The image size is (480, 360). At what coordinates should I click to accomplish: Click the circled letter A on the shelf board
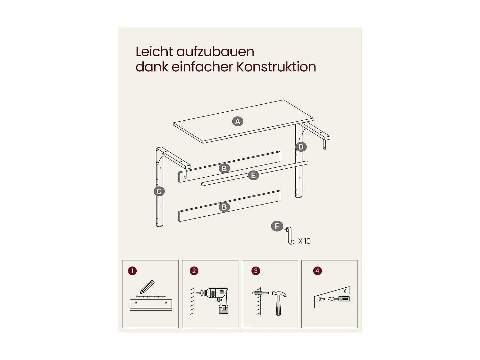pos(237,121)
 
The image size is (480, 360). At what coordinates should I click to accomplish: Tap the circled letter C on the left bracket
pos(159,191)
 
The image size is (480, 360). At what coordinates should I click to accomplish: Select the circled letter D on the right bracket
pos(301,147)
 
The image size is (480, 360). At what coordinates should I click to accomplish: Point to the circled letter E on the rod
pos(253,175)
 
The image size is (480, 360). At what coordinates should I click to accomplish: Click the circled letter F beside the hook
pos(277,226)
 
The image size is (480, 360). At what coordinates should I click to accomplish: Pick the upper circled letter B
pos(224,168)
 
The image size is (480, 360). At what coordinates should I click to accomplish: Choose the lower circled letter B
pos(224,207)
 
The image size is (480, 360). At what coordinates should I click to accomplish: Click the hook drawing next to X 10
pos(290,236)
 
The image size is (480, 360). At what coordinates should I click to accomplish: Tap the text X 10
pos(304,241)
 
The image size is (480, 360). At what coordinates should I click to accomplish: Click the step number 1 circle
pos(132,271)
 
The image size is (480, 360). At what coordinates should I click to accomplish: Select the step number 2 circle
pos(194,271)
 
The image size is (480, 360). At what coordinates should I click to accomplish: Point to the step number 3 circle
pos(256,271)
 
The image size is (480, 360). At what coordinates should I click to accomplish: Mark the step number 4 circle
pos(317,271)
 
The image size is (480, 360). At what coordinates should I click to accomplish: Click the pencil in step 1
pos(147,287)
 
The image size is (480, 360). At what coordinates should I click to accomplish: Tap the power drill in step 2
pos(215,300)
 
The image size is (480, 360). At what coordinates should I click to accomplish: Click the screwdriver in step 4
pos(338,299)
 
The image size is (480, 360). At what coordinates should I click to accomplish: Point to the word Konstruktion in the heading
pos(276,67)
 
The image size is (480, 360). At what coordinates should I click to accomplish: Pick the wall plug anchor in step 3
pos(257,293)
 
